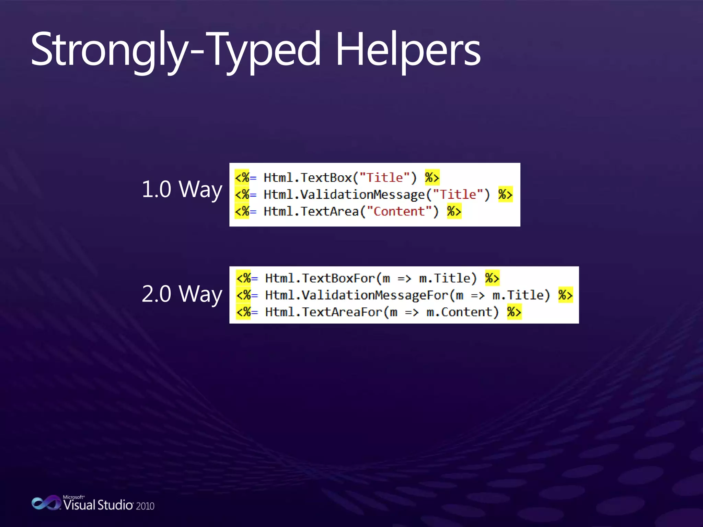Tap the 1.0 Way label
tap(182, 189)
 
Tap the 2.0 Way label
tap(182, 294)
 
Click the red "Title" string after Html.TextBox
tap(384, 178)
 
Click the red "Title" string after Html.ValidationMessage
tap(458, 195)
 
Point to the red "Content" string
tap(399, 211)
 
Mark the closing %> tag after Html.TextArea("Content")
tap(454, 211)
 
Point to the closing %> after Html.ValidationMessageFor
tap(565, 295)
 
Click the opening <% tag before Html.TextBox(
tap(242, 178)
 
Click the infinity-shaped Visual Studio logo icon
tap(46, 503)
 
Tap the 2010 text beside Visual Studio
tap(145, 506)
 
